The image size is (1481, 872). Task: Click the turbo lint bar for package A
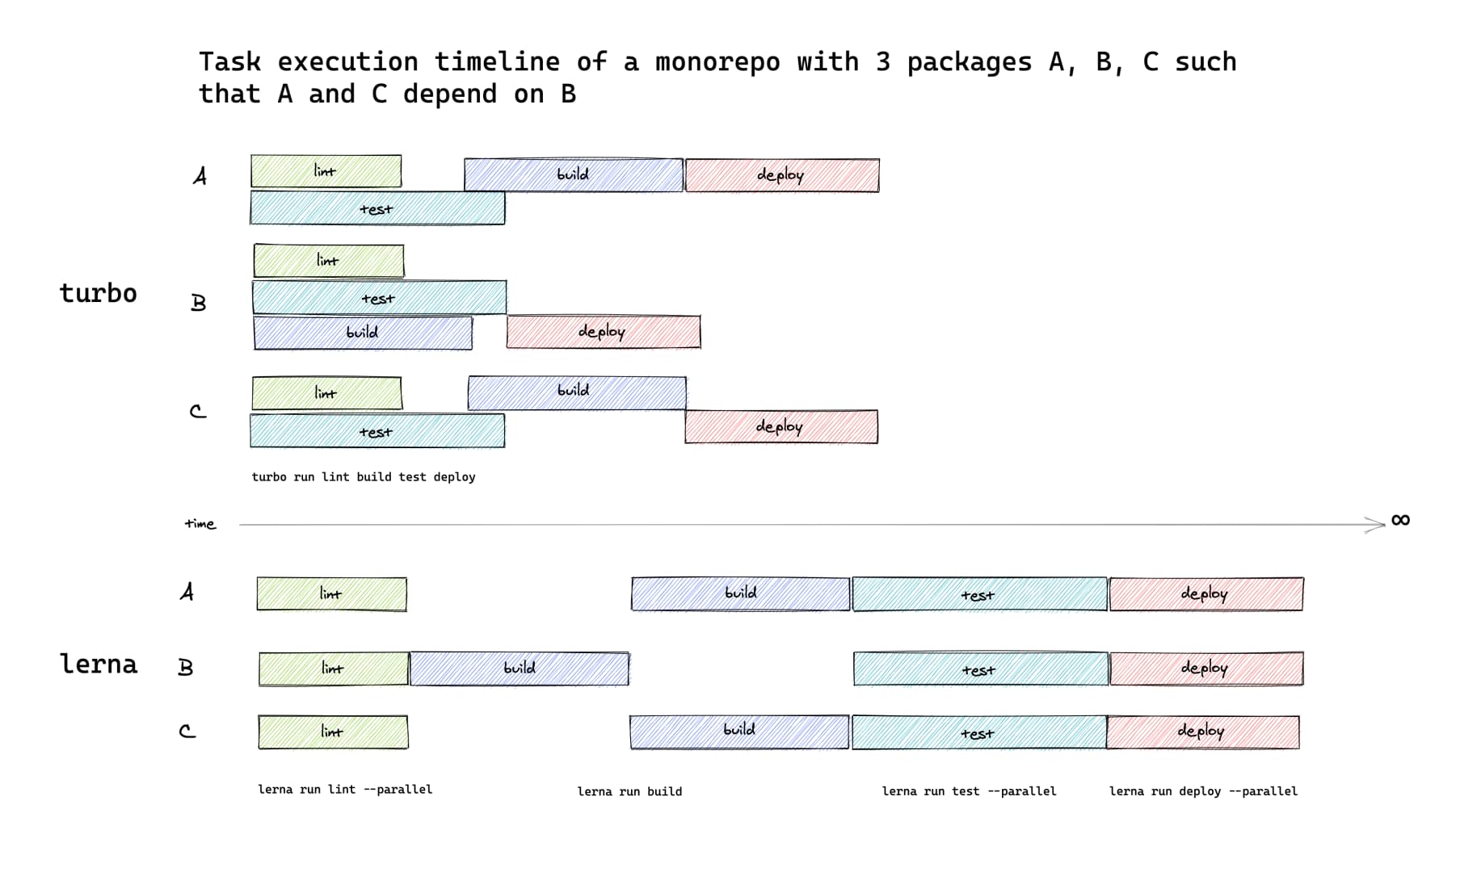326,171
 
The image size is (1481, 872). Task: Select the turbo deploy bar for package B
603,332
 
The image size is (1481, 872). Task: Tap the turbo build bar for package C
577,392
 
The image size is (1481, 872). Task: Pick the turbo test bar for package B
379,298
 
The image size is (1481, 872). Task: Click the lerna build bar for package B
519,669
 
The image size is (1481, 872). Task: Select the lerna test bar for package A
979,594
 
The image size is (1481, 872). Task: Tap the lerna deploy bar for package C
1202,732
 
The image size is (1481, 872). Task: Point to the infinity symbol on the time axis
1400,520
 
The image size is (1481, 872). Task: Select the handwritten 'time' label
200,524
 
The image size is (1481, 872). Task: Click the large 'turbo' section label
98,293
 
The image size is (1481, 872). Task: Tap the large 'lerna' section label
99,664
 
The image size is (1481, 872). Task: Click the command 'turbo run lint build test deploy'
363,477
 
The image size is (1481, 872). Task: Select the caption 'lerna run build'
629,791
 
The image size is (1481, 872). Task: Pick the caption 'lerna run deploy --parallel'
1202,791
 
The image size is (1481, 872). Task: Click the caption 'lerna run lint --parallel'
344,789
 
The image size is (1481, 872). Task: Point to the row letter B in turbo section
198,303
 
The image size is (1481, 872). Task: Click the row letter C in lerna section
187,731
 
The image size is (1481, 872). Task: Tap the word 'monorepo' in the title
717,62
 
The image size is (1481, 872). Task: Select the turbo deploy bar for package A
781,175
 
